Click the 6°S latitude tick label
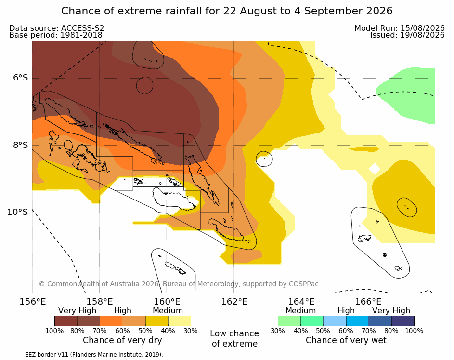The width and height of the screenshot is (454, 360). [x=21, y=78]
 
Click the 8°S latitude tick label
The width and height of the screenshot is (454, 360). [x=21, y=145]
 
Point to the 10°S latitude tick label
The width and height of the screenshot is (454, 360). [x=18, y=212]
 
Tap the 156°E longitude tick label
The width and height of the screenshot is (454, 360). [x=33, y=302]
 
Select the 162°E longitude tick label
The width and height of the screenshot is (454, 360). [x=234, y=302]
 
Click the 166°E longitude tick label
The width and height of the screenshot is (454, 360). [x=368, y=302]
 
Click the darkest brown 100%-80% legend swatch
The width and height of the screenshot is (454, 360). [x=66, y=321]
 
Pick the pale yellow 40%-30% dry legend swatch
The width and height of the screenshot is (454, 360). [x=180, y=321]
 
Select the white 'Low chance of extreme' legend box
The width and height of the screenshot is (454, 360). [x=235, y=321]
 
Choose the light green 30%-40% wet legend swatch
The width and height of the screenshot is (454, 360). [x=289, y=321]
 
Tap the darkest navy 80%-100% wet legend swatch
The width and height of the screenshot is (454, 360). [x=403, y=321]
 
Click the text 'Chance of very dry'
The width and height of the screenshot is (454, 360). [x=122, y=340]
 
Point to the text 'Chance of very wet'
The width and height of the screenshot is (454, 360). [x=346, y=340]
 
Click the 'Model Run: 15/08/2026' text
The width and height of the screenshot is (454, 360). [x=399, y=28]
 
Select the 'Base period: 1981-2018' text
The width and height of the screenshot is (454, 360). [x=56, y=35]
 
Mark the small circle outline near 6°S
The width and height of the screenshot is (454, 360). [x=144, y=85]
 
